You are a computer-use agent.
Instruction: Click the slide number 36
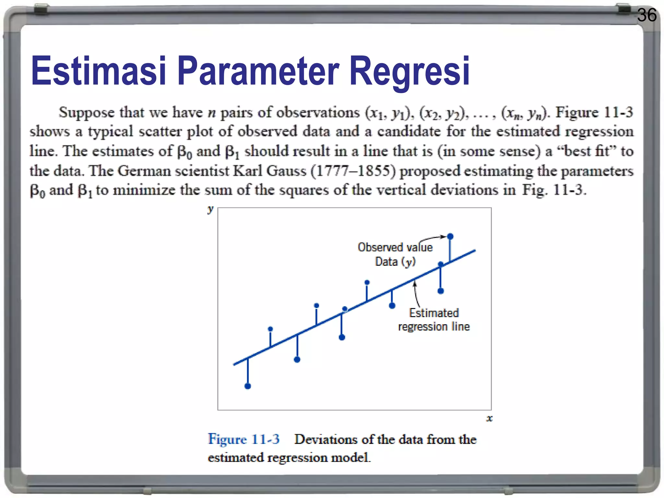(x=646, y=15)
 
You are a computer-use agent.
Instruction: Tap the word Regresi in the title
(x=409, y=71)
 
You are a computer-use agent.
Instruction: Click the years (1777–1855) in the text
(x=353, y=171)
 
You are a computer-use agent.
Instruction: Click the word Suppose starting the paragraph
(x=87, y=113)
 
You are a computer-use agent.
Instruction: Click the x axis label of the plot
(x=489, y=418)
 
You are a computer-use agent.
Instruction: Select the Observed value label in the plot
(x=395, y=247)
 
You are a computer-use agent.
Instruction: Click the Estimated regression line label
(x=434, y=320)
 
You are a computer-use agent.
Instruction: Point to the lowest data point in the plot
(x=248, y=386)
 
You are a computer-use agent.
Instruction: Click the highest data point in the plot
(x=450, y=236)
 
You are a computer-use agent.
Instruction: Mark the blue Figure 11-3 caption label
(x=243, y=439)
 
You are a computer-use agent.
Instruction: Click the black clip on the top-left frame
(x=41, y=10)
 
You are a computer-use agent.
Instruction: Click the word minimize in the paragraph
(x=144, y=190)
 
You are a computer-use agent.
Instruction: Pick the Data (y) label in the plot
(x=395, y=262)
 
